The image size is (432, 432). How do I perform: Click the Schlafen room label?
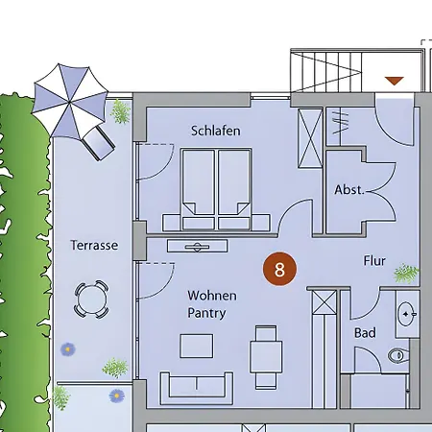pyautogui.click(x=215, y=131)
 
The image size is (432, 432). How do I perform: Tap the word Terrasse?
pyautogui.click(x=94, y=246)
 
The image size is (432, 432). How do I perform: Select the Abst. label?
pyautogui.click(x=349, y=190)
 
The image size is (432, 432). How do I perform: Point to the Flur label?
pyautogui.click(x=374, y=261)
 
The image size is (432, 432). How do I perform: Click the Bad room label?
pyautogui.click(x=365, y=333)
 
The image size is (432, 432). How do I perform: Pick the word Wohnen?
pyautogui.click(x=212, y=296)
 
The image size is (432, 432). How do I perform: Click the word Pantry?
pyautogui.click(x=206, y=313)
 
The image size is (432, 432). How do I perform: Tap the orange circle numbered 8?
pyautogui.click(x=279, y=269)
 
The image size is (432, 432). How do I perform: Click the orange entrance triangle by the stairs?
pyautogui.click(x=395, y=81)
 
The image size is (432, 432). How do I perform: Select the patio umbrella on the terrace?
pyautogui.click(x=69, y=103)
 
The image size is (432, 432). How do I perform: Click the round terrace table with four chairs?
pyautogui.click(x=91, y=300)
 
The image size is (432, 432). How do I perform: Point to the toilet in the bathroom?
pyautogui.click(x=398, y=355)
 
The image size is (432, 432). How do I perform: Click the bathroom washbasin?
pyautogui.click(x=406, y=314)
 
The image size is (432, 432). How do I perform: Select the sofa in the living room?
pyautogui.click(x=197, y=388)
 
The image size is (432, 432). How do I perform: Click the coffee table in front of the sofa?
pyautogui.click(x=197, y=346)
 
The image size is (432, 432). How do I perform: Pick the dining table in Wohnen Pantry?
pyautogui.click(x=266, y=357)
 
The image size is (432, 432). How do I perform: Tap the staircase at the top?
pyautogui.click(x=326, y=72)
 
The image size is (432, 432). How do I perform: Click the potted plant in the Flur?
pyautogui.click(x=406, y=274)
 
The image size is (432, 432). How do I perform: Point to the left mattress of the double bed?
pyautogui.click(x=199, y=189)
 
